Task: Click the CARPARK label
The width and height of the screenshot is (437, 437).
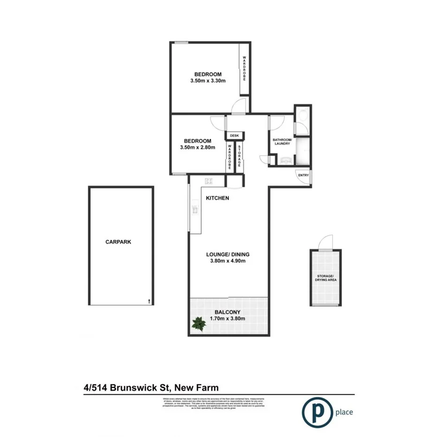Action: [x=118, y=242]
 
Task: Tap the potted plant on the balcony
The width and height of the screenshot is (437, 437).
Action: [x=199, y=324]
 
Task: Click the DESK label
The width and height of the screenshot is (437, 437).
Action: [x=234, y=136]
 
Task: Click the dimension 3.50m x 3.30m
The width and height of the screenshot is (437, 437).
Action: [x=208, y=81]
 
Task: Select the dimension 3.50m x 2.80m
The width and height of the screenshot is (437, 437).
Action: [x=197, y=147]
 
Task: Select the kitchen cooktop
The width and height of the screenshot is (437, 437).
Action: [x=209, y=181]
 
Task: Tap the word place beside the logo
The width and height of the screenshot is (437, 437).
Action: [x=344, y=413]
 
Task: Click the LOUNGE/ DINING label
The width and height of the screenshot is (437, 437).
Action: [x=228, y=255]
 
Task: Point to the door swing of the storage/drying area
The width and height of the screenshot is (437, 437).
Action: [x=324, y=243]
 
